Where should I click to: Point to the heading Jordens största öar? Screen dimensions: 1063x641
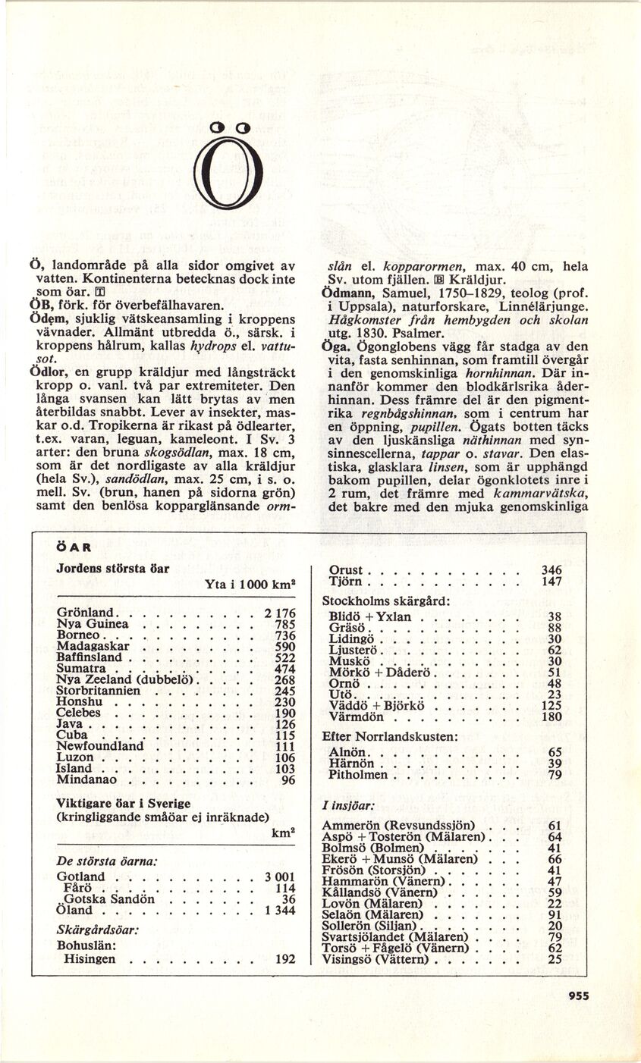click(x=112, y=569)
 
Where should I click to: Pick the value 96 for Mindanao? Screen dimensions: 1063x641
click(x=287, y=779)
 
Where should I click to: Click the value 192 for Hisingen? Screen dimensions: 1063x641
click(x=284, y=959)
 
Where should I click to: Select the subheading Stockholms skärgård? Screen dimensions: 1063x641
click(x=386, y=600)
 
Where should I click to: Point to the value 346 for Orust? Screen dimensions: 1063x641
click(x=551, y=570)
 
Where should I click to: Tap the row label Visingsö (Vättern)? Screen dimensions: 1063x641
click(x=375, y=959)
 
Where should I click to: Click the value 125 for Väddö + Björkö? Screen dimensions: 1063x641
click(x=551, y=705)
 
